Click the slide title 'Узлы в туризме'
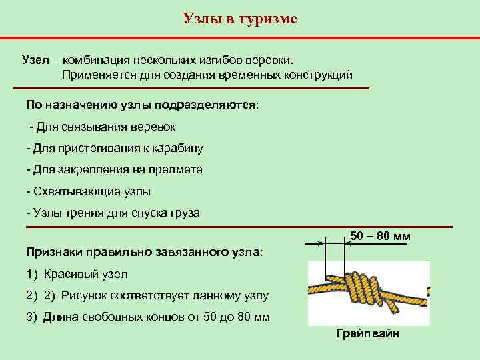(240, 18)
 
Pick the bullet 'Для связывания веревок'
(106, 127)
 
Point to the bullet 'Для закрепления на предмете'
(114, 169)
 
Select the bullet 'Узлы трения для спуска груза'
(113, 213)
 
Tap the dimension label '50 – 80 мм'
(380, 237)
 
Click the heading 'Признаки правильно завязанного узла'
(144, 253)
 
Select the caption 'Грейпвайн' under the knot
(367, 333)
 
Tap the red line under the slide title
(240, 37)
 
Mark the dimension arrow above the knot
(335, 243)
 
